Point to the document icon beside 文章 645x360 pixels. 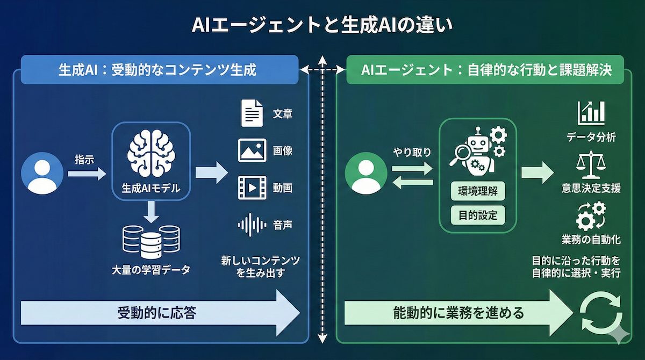(x=252, y=114)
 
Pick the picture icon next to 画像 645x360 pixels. (x=252, y=150)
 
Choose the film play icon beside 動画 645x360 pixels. (x=252, y=188)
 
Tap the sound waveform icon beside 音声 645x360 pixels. (x=252, y=225)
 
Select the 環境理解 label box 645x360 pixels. (x=477, y=192)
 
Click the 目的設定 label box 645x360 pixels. (x=477, y=216)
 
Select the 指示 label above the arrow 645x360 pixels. (x=85, y=159)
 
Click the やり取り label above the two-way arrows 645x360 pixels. (x=412, y=152)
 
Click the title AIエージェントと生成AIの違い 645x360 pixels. (x=322, y=25)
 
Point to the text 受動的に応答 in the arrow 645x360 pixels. (x=156, y=313)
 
